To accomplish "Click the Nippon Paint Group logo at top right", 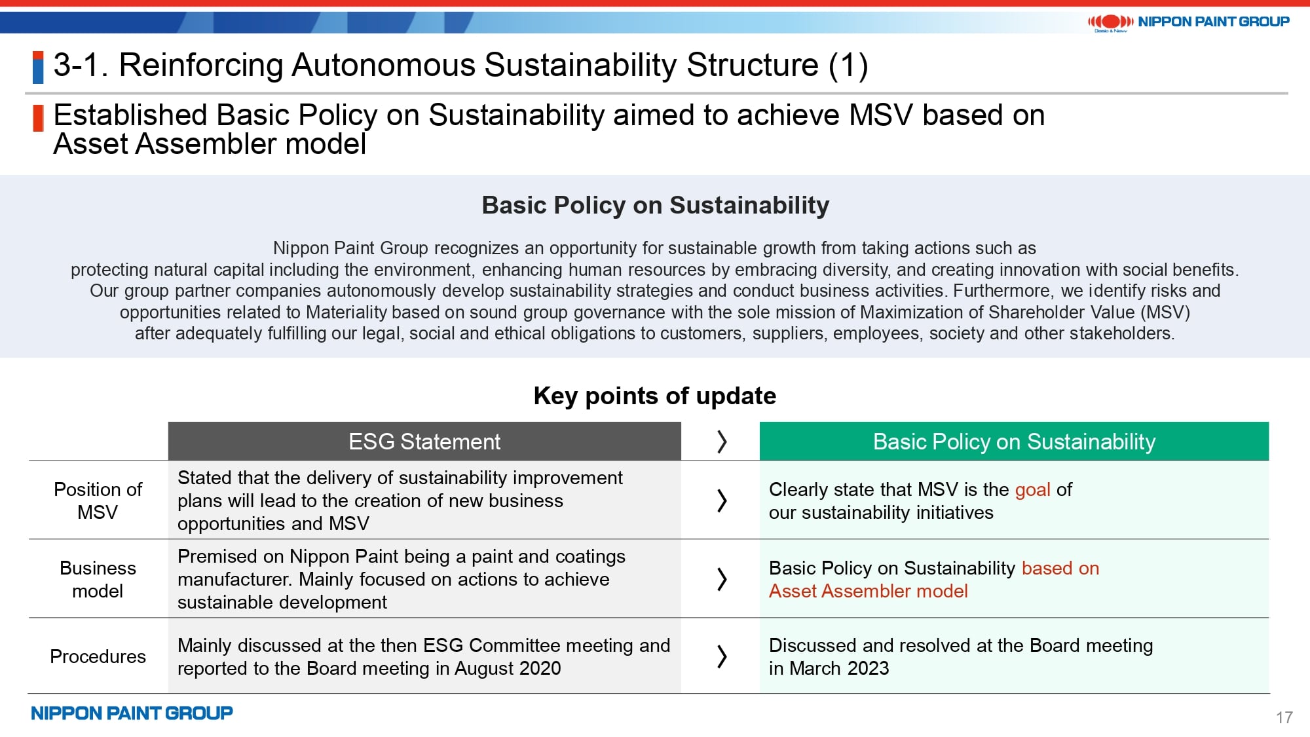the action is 1188,22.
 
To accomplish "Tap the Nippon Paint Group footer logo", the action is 132,713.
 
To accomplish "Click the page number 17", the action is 1284,718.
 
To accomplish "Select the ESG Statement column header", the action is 424,442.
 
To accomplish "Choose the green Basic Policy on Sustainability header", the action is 1014,442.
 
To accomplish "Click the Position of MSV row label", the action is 98,501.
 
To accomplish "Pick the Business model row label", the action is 98,579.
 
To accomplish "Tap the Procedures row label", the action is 98,656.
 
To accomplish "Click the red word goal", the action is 1033,490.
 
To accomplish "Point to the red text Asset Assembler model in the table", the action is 868,591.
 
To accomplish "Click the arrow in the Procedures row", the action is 722,656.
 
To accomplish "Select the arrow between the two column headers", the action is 722,442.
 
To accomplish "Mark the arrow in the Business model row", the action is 722,579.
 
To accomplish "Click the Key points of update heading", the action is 655,396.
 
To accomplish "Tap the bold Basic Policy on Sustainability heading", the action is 655,205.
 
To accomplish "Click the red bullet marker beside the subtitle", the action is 38,119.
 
